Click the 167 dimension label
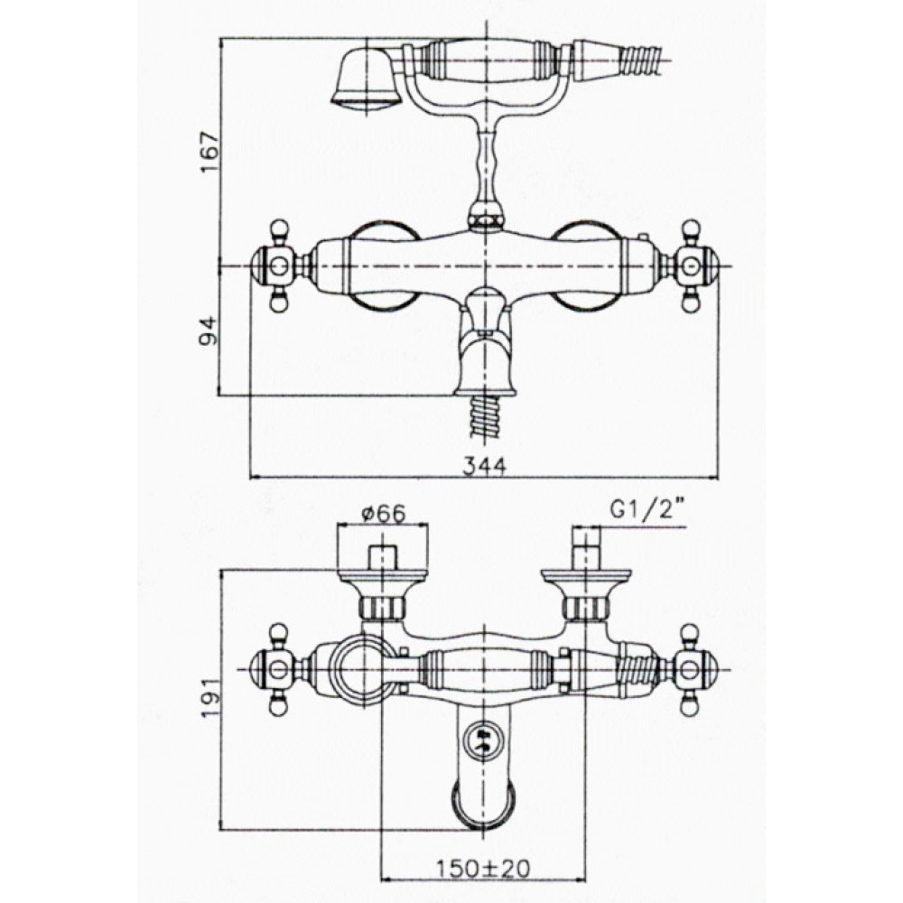(209, 152)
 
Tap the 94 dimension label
(209, 330)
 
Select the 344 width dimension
(484, 466)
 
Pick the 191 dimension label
(210, 697)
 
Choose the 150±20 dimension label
(482, 869)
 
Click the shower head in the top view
(367, 78)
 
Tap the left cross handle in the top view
(281, 266)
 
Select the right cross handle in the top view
(690, 266)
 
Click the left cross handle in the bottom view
(281, 670)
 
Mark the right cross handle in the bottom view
(691, 670)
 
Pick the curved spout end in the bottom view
(483, 806)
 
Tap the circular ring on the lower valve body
(364, 670)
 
